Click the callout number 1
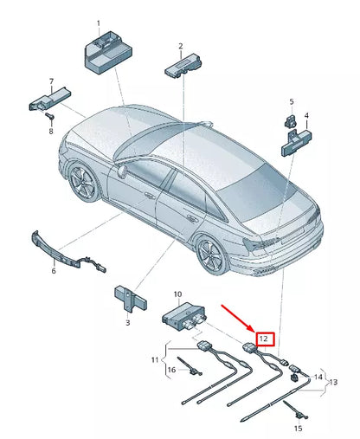(98, 23)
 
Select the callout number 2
(180, 46)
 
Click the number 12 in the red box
(264, 339)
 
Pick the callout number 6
(53, 271)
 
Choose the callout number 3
(127, 323)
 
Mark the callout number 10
(177, 294)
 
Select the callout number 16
(171, 370)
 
